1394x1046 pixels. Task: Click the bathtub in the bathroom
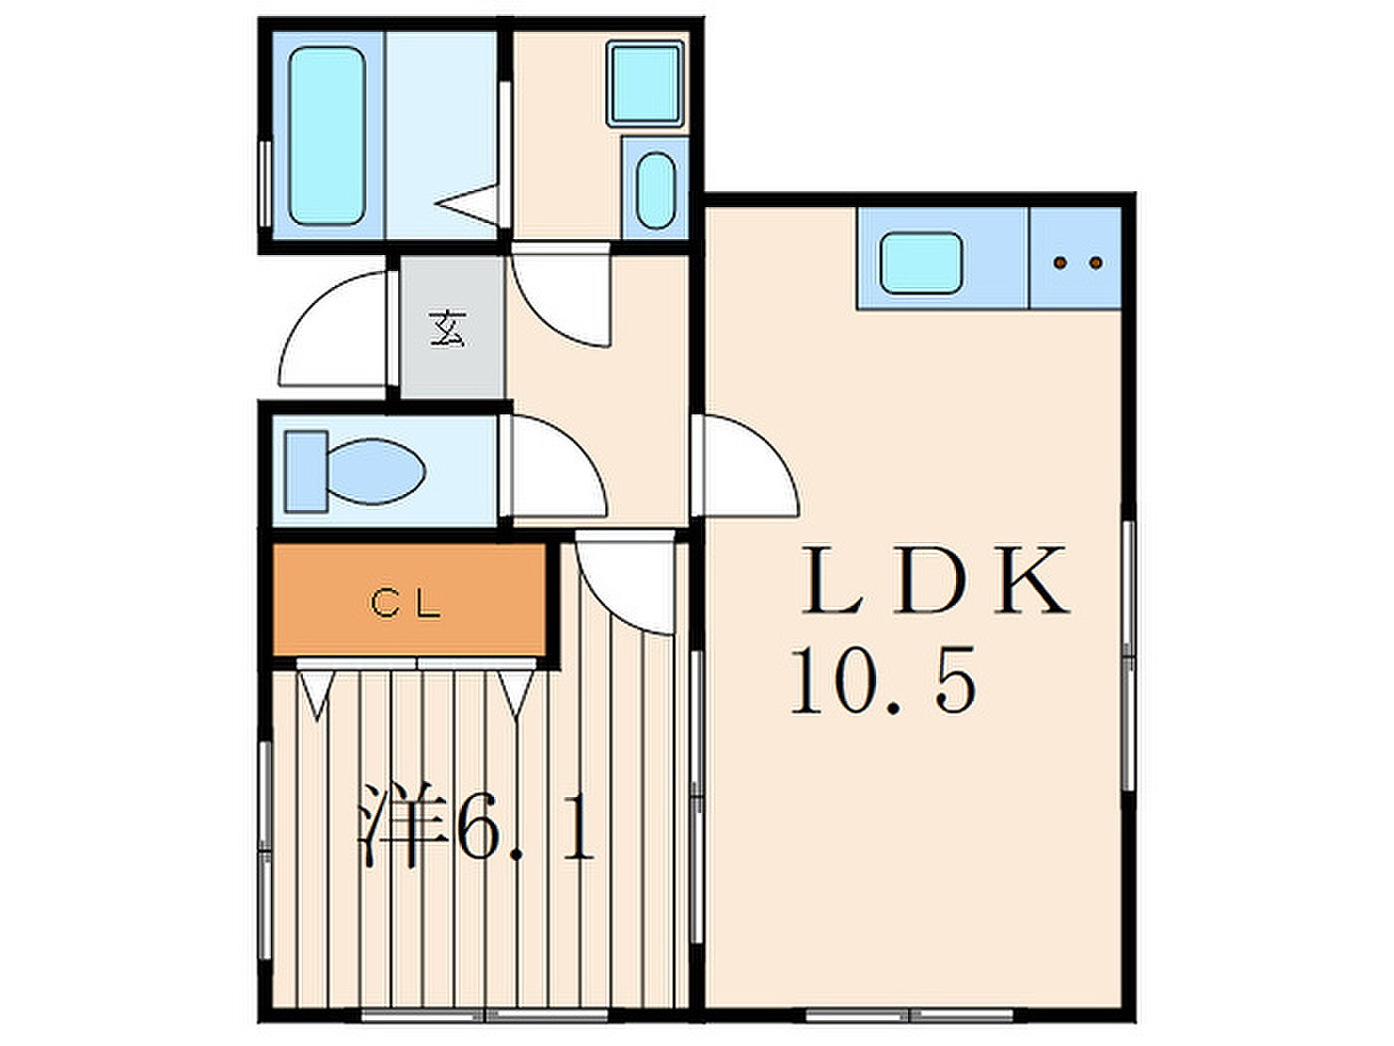tap(327, 135)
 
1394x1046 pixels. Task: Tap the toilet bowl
tap(376, 472)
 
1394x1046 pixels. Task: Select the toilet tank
tap(306, 471)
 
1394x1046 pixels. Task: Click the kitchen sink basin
tap(921, 263)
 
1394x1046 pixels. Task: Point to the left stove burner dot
tap(1060, 262)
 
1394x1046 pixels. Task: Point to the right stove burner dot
tap(1095, 262)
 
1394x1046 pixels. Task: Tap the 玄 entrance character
tap(448, 328)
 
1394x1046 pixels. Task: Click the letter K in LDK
tap(1032, 580)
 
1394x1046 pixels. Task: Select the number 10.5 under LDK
tap(883, 680)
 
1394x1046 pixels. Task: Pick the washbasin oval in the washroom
tap(656, 190)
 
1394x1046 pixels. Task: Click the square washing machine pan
tap(644, 85)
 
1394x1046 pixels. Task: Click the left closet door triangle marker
tap(317, 695)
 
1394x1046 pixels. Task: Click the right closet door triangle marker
tap(516, 695)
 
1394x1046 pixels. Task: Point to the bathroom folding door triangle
tap(467, 203)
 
